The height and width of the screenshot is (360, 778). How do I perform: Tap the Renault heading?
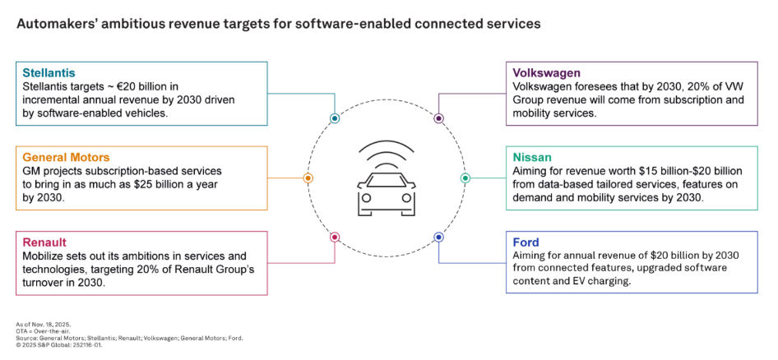coord(45,242)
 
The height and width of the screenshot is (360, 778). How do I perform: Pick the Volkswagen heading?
coord(546,72)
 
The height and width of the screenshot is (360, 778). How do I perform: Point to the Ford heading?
coord(526,242)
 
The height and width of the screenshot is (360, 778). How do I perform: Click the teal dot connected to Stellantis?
coord(335,118)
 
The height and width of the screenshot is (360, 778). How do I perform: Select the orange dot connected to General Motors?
coord(308,178)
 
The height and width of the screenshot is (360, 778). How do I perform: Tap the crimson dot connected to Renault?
coord(335,237)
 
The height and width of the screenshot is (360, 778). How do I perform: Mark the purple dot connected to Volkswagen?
coord(438,118)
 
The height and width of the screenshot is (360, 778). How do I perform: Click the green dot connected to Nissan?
coord(465,178)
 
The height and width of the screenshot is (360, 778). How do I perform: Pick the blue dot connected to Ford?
coord(438,237)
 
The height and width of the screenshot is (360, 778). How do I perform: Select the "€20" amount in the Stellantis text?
coord(146,86)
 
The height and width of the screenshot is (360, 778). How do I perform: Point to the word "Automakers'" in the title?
coord(57,24)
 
